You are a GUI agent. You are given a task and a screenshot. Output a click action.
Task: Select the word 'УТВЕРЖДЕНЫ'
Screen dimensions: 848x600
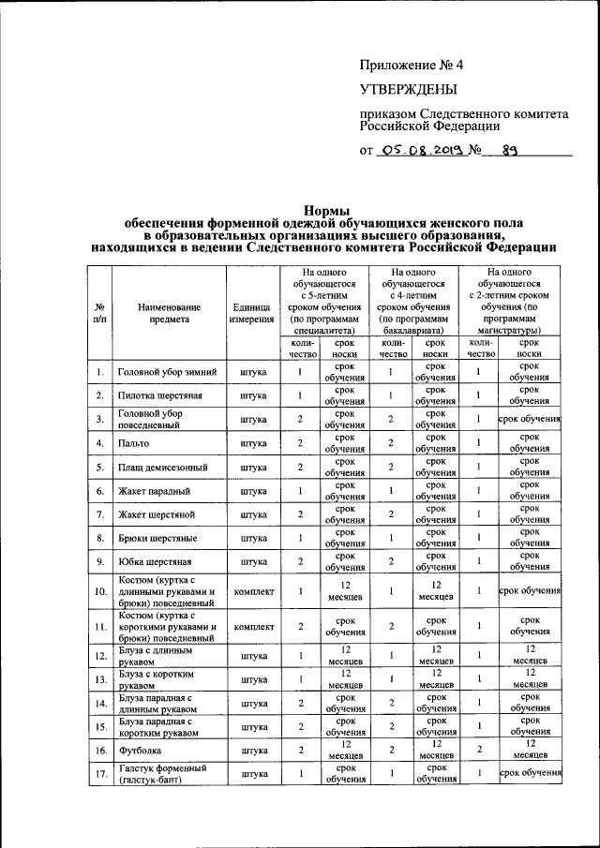[409, 90]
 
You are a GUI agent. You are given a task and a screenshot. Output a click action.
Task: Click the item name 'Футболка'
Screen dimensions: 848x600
[140, 751]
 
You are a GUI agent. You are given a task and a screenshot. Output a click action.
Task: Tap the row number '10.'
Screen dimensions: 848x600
[99, 591]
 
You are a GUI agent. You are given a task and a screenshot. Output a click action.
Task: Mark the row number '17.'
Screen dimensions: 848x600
[99, 774]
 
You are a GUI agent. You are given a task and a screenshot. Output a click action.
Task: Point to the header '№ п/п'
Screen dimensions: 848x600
[99, 312]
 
